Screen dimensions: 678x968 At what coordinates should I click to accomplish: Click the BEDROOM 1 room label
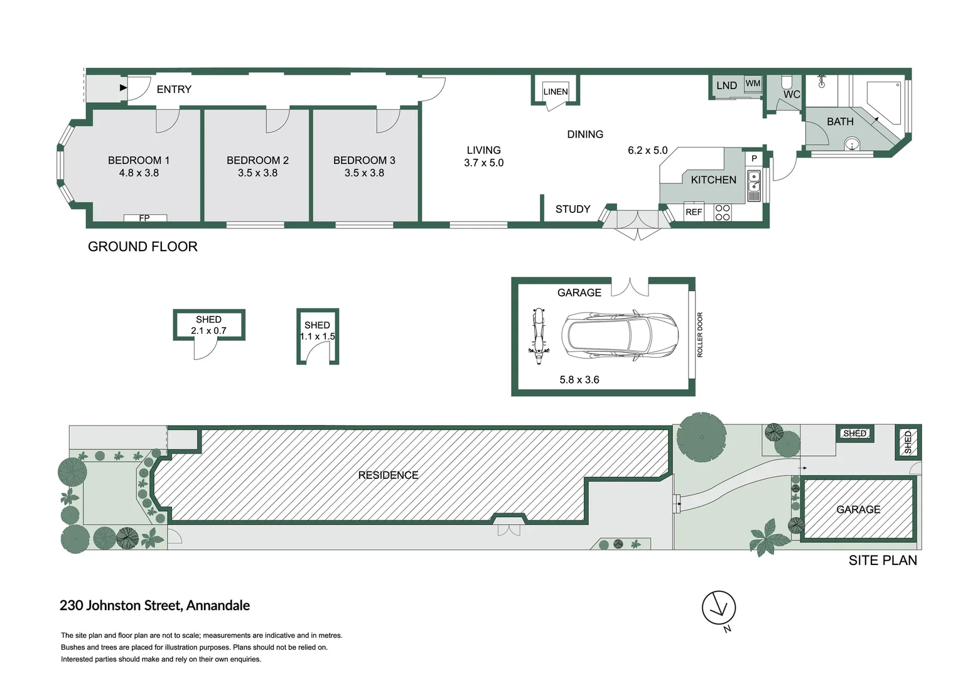click(139, 160)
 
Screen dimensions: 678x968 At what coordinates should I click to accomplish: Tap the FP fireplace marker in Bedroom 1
click(144, 218)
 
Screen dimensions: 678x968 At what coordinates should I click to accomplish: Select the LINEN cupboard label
click(555, 92)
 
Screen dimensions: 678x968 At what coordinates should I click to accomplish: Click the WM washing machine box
click(753, 83)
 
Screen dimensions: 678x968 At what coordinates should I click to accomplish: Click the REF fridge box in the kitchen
click(694, 212)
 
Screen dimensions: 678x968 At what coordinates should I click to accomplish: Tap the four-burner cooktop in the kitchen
click(723, 212)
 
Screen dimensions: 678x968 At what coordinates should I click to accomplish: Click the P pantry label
click(754, 159)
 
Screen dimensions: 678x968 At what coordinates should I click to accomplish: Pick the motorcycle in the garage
click(537, 336)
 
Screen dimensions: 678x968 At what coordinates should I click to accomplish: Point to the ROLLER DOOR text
click(700, 335)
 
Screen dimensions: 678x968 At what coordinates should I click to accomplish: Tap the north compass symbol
click(719, 608)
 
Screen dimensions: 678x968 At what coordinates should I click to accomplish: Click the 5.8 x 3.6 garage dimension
click(579, 380)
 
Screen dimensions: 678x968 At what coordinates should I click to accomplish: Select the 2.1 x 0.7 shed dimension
click(208, 331)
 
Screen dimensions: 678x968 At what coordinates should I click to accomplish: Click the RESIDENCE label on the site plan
click(388, 475)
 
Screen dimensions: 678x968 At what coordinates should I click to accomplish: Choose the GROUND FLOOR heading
click(143, 247)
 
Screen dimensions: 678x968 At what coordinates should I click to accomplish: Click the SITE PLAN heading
click(882, 561)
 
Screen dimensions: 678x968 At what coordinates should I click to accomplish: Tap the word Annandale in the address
click(218, 605)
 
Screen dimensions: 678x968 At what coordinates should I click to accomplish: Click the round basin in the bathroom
click(852, 145)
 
